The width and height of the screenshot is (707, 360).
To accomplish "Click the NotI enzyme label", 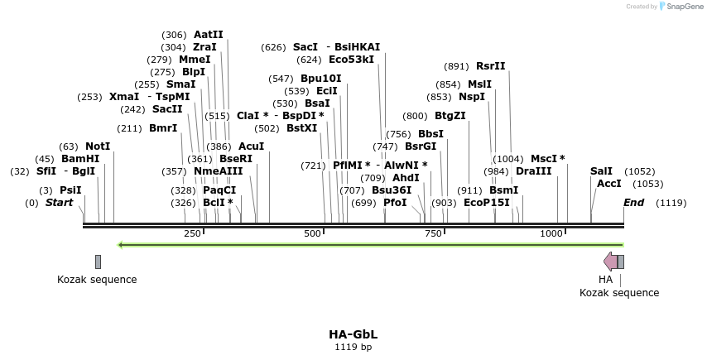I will (x=98, y=146).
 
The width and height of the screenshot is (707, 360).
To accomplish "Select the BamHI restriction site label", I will (x=80, y=159).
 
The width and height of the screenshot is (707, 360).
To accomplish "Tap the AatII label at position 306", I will (x=208, y=35).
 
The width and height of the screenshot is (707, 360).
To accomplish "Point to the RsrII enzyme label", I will (x=490, y=66).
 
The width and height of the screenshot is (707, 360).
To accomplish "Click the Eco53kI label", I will (x=351, y=60).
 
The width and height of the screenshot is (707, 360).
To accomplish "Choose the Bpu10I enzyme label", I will (x=320, y=79).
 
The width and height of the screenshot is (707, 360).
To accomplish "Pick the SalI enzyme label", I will (x=601, y=171).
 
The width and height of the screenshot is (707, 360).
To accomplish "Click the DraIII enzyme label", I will (x=533, y=171).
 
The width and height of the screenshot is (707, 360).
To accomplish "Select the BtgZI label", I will (x=450, y=116).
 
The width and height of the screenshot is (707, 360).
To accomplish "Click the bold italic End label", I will (x=633, y=203).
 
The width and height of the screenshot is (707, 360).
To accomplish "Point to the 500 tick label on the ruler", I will (x=312, y=234).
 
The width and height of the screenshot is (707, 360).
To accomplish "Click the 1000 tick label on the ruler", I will (x=551, y=234).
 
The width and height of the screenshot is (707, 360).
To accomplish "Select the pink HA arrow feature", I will (x=610, y=262).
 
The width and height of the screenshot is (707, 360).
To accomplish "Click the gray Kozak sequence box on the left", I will (x=98, y=262).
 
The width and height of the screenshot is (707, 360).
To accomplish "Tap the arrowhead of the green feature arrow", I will (x=122, y=245).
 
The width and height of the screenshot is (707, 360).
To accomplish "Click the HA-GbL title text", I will (x=353, y=334).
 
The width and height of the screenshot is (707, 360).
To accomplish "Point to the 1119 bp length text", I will (x=353, y=347).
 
